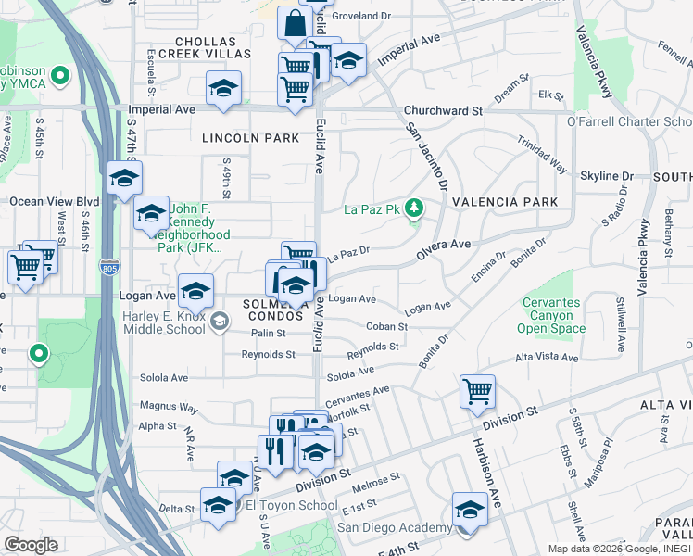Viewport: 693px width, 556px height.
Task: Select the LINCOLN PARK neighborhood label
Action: tap(251, 138)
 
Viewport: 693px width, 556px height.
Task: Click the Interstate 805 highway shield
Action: tap(108, 267)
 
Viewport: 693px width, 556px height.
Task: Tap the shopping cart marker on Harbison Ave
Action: tap(477, 390)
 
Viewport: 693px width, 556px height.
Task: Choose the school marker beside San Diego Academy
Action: tap(470, 509)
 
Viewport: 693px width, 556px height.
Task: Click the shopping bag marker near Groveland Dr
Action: tap(295, 24)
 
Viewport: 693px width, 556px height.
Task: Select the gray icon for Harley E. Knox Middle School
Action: tap(219, 322)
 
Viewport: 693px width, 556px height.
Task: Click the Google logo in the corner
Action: tap(30, 545)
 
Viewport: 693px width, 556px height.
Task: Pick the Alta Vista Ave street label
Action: tap(547, 357)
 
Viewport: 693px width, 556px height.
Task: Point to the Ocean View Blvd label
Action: tap(54, 201)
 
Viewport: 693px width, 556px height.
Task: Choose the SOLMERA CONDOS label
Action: tap(274, 310)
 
